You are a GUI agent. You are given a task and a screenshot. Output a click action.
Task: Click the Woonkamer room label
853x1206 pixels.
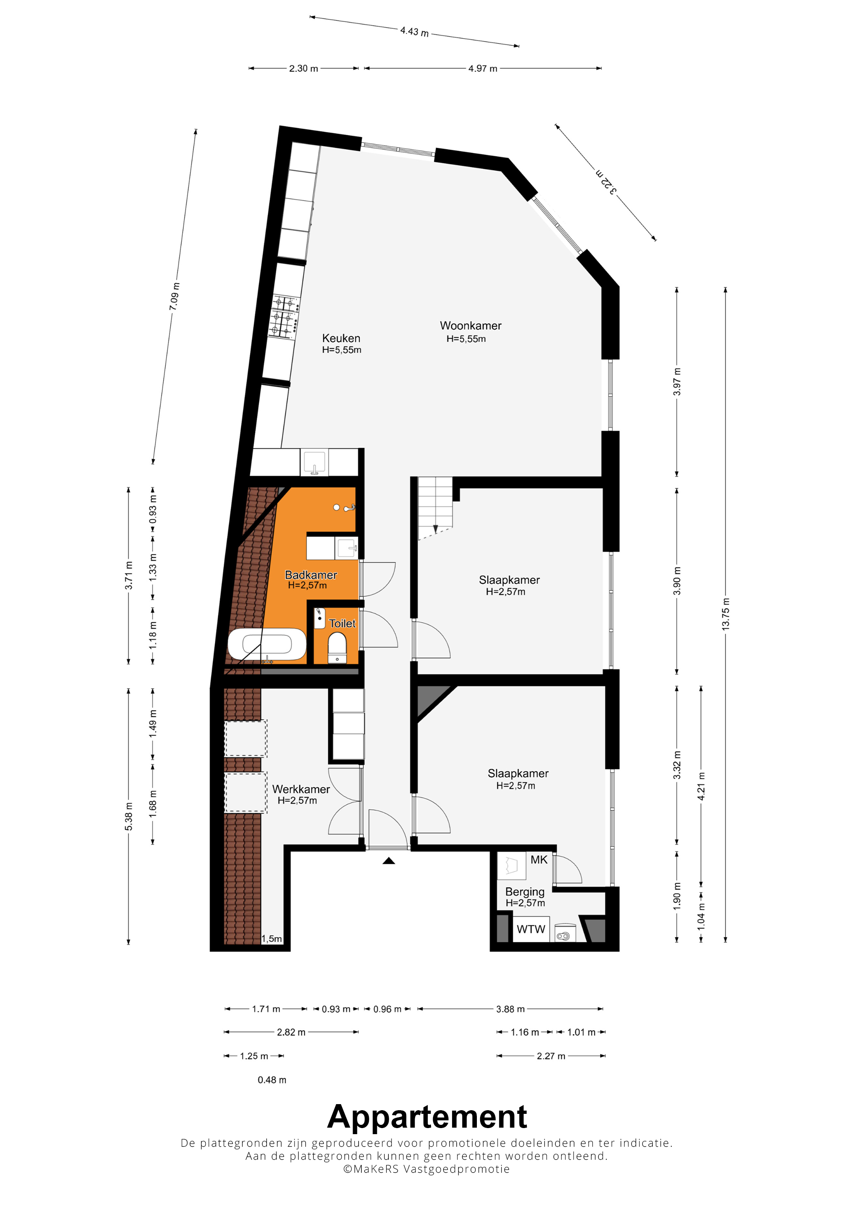point(470,326)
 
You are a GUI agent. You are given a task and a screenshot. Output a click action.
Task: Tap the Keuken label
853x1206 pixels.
point(341,338)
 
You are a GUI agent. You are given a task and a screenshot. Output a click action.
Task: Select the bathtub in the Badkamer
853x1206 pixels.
point(267,644)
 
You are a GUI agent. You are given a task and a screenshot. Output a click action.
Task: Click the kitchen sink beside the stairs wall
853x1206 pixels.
point(314,463)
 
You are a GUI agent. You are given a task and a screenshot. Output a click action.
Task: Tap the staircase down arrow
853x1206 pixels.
point(435,529)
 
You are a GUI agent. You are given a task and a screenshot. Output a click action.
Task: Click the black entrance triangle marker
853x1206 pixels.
point(388,861)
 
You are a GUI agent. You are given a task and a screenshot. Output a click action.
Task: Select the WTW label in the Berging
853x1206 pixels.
point(531,929)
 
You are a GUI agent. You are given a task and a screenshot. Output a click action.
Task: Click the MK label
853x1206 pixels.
point(539,860)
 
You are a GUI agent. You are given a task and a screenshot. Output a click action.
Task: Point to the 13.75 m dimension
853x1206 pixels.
point(725,614)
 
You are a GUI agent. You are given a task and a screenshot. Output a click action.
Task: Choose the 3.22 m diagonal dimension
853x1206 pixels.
point(606,182)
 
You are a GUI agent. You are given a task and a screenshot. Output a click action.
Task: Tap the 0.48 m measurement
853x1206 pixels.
point(272,1080)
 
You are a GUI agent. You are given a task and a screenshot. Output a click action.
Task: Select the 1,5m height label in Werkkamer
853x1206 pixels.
point(271,938)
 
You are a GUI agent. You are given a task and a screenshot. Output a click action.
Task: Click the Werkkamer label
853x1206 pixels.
point(301,789)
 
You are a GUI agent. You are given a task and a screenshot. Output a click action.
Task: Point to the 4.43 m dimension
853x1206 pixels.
point(414,32)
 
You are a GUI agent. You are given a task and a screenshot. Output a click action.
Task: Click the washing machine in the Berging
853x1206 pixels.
point(565,933)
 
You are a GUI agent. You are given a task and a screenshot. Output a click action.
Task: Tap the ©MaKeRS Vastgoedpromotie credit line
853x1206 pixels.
point(426,1169)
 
